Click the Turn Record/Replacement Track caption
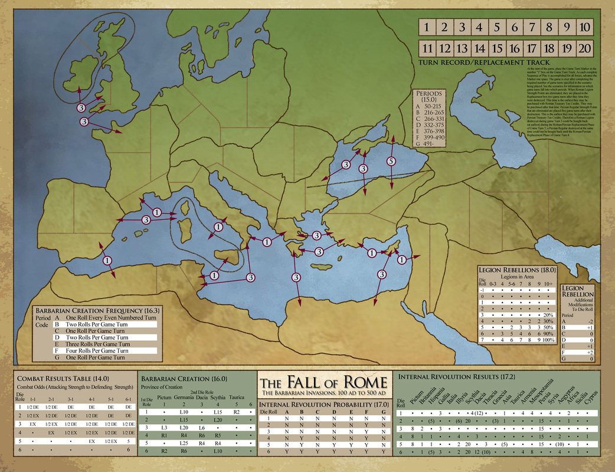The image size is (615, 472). pos(483,62)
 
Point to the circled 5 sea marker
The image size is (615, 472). pos(391,162)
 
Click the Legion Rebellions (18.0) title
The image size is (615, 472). pos(518,269)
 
